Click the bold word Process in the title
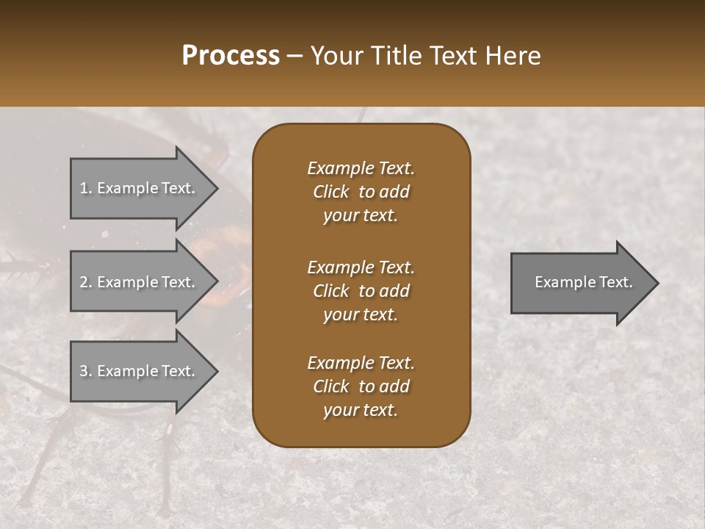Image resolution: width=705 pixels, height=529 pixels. [231, 56]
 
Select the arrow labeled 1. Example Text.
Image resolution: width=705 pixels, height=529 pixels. [140, 188]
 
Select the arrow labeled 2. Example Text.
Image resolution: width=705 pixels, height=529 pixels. [140, 282]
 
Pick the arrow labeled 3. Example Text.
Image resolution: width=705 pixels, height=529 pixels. [140, 371]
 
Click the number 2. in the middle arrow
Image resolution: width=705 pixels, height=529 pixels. [85, 282]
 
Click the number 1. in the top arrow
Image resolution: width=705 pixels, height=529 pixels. [85, 188]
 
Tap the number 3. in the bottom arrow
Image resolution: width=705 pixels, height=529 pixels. [85, 371]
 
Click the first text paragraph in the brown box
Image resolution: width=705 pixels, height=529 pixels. [361, 192]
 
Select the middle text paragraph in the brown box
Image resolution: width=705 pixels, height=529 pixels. [361, 291]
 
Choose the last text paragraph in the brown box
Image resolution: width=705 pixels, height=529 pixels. [361, 386]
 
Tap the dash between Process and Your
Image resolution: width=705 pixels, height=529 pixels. [294, 56]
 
